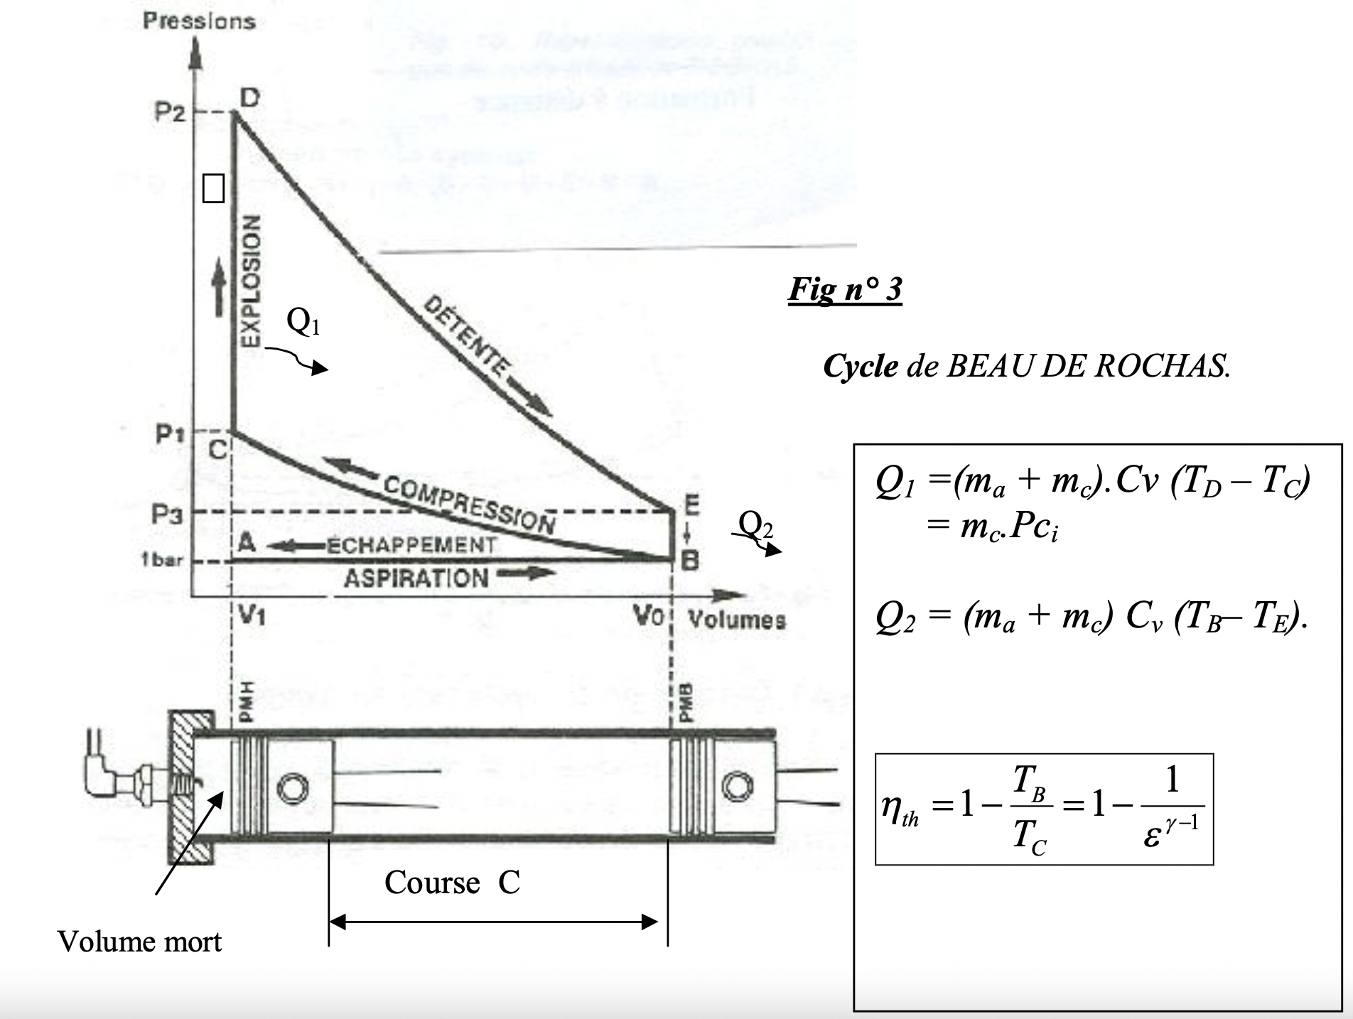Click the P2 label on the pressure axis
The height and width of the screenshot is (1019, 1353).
(169, 112)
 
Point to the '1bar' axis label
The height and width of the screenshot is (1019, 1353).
(162, 560)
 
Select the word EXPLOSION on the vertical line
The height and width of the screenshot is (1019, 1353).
(249, 280)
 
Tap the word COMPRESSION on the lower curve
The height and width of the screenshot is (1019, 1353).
(469, 505)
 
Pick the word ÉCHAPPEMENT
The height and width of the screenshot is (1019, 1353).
(411, 545)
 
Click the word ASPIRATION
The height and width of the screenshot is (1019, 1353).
(416, 578)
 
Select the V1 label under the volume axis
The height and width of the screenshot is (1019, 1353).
(251, 615)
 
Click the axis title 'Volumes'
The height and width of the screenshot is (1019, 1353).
(737, 620)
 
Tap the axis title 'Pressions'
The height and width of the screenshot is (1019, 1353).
(199, 21)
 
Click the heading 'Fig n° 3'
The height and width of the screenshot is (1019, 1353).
(845, 289)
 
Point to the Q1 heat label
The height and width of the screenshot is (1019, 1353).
(303, 321)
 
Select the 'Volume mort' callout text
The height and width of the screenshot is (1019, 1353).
(139, 942)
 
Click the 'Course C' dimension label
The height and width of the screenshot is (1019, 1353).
(452, 883)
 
